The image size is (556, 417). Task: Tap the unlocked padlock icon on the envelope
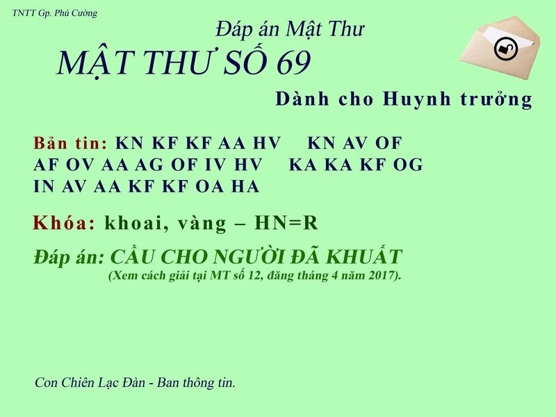tap(505, 49)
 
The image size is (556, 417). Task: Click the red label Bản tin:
tap(70, 144)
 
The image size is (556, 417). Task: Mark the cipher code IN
tap(44, 186)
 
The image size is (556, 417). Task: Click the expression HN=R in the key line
tap(286, 223)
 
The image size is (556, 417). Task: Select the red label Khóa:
tap(64, 223)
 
